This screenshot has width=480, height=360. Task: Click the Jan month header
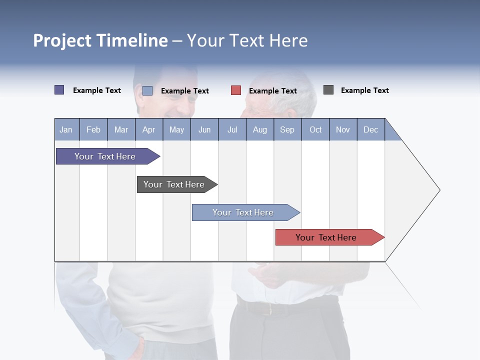pos(66,129)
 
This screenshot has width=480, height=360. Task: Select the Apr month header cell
pos(148,129)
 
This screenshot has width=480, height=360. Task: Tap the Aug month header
pos(259,129)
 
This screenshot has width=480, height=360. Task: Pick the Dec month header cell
pos(370,129)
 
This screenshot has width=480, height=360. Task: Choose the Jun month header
pos(204,129)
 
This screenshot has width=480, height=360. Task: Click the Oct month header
pos(315,129)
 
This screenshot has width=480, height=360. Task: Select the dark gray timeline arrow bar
pos(175,184)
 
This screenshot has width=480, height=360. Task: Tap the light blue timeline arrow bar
pos(244,212)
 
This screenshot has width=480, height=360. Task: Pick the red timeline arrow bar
pos(327,237)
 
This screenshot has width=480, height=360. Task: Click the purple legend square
pos(59,90)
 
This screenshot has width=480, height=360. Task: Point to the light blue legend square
pos(147,90)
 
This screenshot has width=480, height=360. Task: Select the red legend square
pos(236,90)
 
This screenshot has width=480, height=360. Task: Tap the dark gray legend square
pos(328,90)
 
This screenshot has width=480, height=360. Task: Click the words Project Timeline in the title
pos(100,40)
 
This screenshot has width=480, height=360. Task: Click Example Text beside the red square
pos(272,91)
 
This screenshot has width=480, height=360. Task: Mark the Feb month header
pos(93,129)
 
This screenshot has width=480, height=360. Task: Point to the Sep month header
pos(287,129)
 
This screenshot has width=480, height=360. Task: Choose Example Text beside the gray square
pos(364,90)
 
